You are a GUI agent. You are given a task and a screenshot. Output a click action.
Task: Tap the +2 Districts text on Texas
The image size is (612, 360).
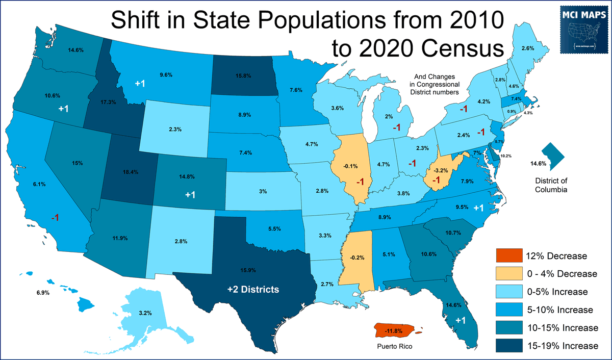pyautogui.click(x=253, y=290)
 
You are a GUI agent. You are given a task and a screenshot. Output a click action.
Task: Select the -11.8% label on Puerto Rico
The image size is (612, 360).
pyautogui.click(x=394, y=331)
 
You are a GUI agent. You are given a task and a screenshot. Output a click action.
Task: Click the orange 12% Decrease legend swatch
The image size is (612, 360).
pyautogui.click(x=509, y=256)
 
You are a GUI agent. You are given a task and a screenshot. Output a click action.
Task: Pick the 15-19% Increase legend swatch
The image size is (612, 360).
pyautogui.click(x=509, y=346)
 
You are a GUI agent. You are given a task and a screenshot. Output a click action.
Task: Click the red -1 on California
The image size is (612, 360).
pyautogui.click(x=55, y=218)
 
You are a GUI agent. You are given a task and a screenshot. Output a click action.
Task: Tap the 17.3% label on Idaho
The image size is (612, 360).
pyautogui.click(x=109, y=102)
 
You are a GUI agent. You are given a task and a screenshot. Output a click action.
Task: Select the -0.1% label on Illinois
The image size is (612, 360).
pyautogui.click(x=351, y=166)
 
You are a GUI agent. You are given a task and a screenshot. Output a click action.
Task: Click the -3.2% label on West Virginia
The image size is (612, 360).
pyautogui.click(x=440, y=170)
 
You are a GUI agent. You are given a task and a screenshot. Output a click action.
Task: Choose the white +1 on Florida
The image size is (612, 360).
pyautogui.click(x=461, y=320)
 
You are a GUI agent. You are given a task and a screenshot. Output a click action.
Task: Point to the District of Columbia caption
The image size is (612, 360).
pyautogui.click(x=551, y=185)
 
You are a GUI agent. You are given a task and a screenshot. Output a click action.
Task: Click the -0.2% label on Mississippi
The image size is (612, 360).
pyautogui.click(x=358, y=258)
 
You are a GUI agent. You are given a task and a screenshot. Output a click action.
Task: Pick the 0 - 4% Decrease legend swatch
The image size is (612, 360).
pyautogui.click(x=509, y=274)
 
